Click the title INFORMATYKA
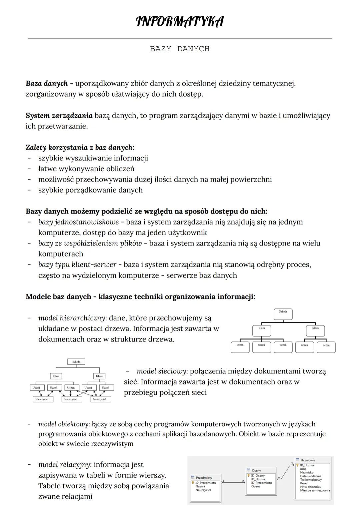(x=180, y=22)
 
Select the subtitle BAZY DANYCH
(x=180, y=49)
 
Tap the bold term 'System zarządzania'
(x=59, y=116)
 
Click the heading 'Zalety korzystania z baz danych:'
(x=80, y=147)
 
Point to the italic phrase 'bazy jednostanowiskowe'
(x=78, y=222)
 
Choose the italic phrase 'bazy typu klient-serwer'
(x=77, y=264)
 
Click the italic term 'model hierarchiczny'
(x=71, y=318)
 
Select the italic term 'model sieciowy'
(x=161, y=371)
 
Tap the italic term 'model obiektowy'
(x=64, y=424)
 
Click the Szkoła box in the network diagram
(x=76, y=361)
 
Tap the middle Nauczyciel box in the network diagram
(x=71, y=399)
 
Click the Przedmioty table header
(x=204, y=478)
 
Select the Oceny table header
(x=256, y=471)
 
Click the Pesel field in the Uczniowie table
(x=303, y=483)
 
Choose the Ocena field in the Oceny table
(x=256, y=486)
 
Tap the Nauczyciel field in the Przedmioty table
(x=203, y=490)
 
